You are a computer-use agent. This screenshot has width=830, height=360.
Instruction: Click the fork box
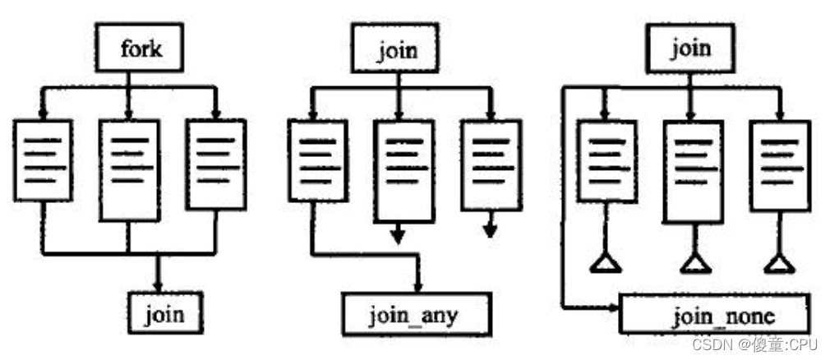pos(140,48)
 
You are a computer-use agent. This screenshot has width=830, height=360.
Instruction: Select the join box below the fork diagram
pos(165,313)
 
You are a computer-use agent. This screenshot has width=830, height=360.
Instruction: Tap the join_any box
pos(416,313)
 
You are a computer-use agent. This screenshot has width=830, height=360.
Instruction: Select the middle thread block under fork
pos(129,169)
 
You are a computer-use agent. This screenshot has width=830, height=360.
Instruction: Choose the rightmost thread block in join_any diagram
pos(491,164)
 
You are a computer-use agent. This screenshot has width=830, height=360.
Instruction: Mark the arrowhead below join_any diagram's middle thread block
pos(398,237)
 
